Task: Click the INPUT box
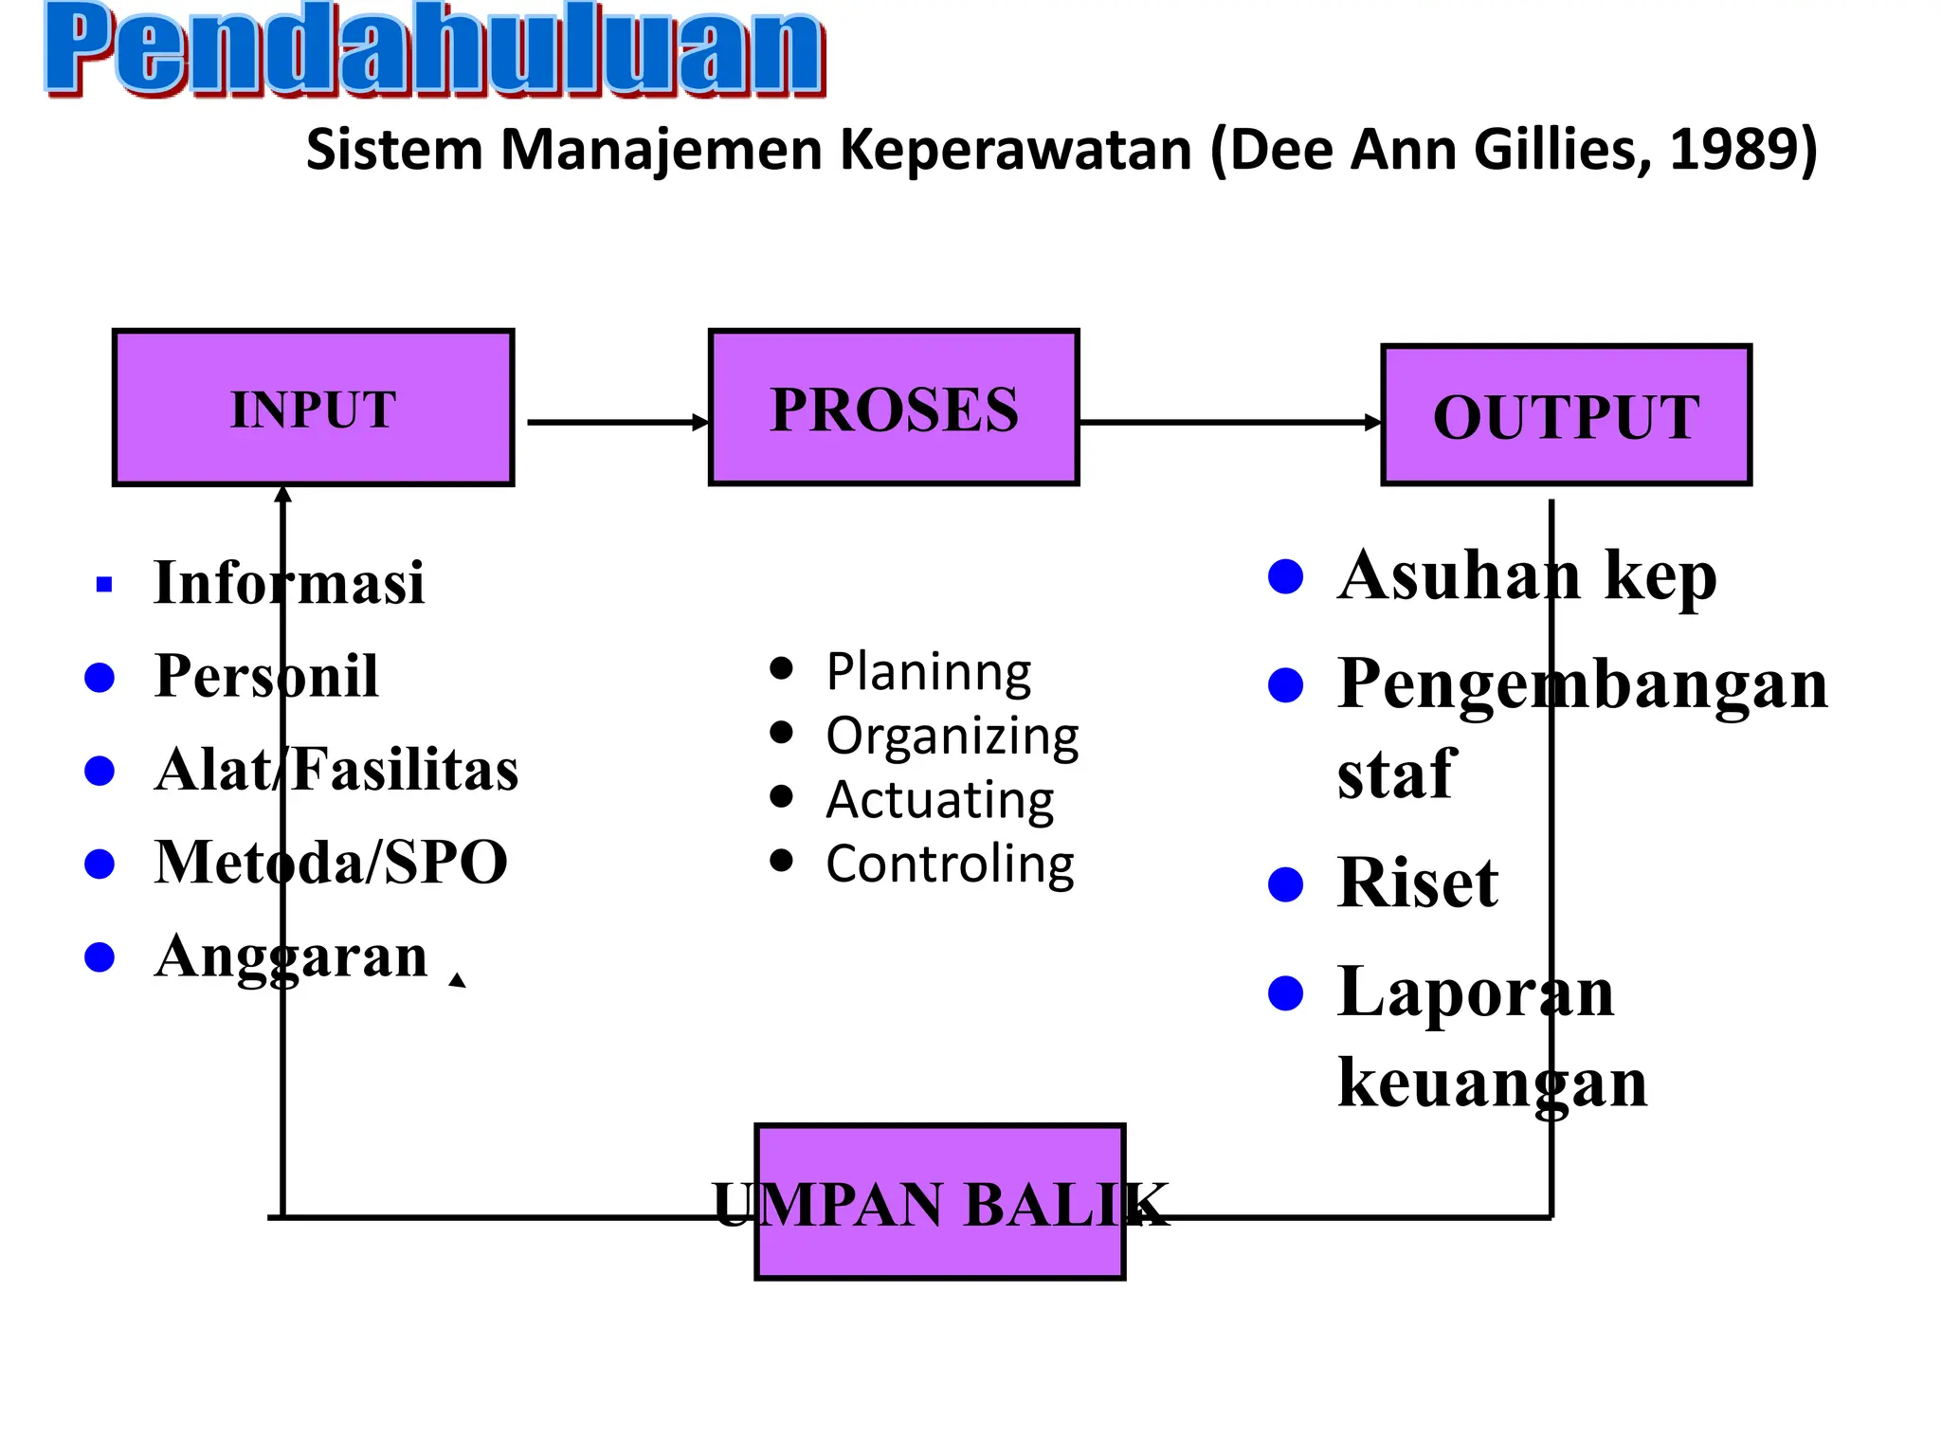point(313,409)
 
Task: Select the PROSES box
point(894,409)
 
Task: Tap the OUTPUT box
point(1566,416)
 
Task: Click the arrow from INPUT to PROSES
point(616,422)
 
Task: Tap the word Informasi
point(289,582)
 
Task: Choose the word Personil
point(266,676)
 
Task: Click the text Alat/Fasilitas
point(336,769)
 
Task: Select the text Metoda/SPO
point(331,863)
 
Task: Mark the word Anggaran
point(292,955)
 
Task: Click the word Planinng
point(929,672)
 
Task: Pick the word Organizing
point(952,737)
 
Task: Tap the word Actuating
point(939,800)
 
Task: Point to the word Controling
point(950,864)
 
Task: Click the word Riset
point(1418,883)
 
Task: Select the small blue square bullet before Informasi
point(104,585)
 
